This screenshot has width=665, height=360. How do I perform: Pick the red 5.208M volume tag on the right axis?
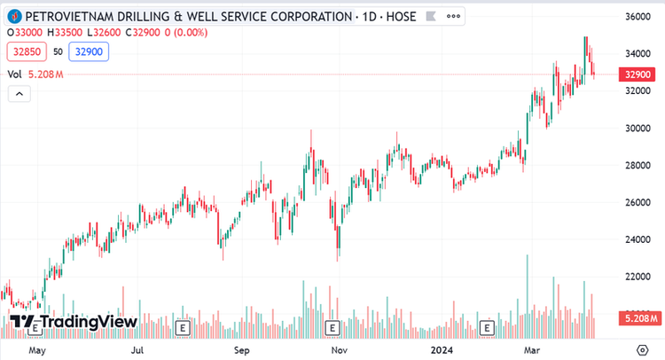pyautogui.click(x=639, y=317)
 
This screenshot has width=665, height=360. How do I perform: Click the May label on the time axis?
pyautogui.click(x=36, y=349)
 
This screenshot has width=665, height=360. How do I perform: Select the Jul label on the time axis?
pyautogui.click(x=137, y=349)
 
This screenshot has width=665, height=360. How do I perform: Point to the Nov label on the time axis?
pyautogui.click(x=339, y=349)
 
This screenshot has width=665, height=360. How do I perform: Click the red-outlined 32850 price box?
pyautogui.click(x=27, y=52)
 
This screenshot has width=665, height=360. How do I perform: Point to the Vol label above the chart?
pyautogui.click(x=15, y=74)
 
